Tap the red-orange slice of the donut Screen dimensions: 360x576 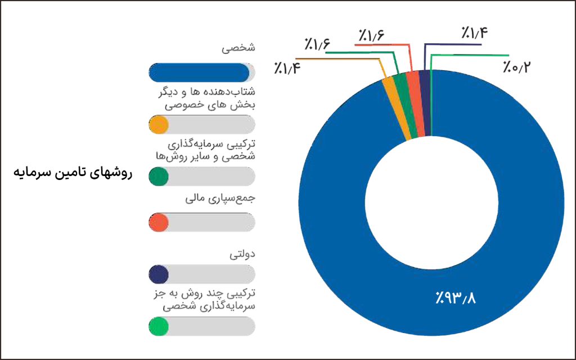pos(416,104)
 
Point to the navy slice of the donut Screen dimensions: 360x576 pos(426,103)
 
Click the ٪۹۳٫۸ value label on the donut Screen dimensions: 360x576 pos(455,296)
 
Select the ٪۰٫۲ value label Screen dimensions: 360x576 pos(516,68)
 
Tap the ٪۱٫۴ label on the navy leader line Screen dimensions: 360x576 pos(474,33)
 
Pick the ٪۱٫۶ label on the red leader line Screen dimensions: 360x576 pos(370,35)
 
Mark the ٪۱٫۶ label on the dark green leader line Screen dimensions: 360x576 pos(318,44)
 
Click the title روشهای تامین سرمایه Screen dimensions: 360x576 pos(72,172)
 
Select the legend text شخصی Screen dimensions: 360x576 pos(239,48)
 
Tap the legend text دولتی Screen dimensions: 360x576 pos(242,254)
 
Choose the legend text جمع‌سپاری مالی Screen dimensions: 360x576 pos(220,200)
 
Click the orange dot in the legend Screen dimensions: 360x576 pos(159,124)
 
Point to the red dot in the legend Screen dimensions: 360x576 pos(159,222)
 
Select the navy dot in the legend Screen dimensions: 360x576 pos(159,274)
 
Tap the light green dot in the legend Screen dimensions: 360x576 pos(159,326)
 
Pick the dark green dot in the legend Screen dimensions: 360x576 pos(159,176)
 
